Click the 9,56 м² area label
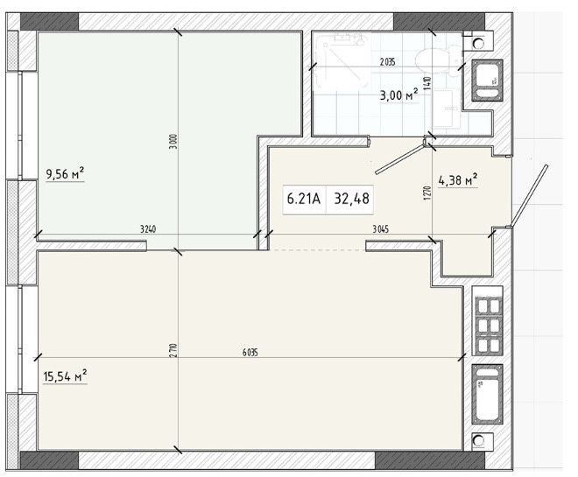(x=66, y=173)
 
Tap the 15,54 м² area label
(x=66, y=376)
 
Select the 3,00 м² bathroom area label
(x=399, y=95)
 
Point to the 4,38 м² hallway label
(x=458, y=180)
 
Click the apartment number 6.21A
(x=304, y=199)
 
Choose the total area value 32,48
(x=351, y=199)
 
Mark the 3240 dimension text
(x=148, y=229)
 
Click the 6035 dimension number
(x=250, y=353)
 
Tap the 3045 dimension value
(x=380, y=229)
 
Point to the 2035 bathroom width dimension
(x=387, y=62)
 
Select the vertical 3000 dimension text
(x=175, y=142)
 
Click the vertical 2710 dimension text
(x=175, y=351)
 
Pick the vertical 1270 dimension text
(x=427, y=193)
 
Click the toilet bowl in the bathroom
(x=438, y=60)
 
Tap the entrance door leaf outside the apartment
(x=528, y=196)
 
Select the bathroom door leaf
(x=399, y=158)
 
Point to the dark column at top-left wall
(x=49, y=21)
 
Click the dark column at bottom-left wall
(x=49, y=460)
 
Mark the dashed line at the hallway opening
(x=317, y=250)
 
